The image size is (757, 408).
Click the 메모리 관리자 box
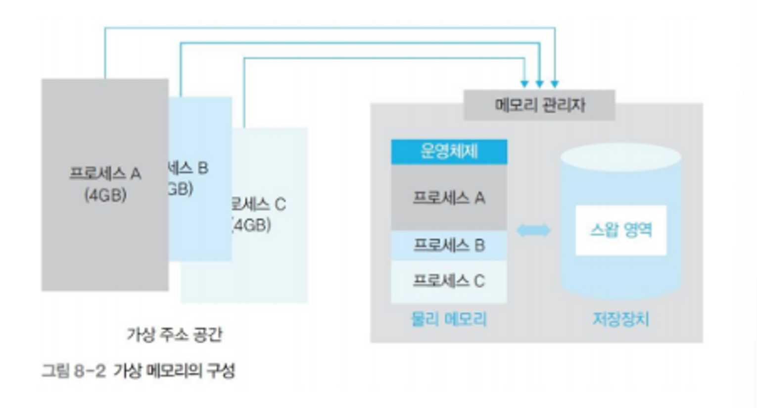tap(539, 105)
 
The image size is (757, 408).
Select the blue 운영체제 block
tap(449, 151)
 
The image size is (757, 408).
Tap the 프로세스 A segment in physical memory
tap(449, 198)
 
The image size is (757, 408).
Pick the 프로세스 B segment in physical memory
tap(449, 245)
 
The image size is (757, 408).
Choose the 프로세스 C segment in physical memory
tap(449, 281)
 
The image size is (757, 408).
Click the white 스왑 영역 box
tap(621, 230)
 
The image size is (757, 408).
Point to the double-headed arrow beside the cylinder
tap(533, 230)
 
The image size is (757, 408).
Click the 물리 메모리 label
tap(449, 319)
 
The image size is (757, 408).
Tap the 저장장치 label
tap(621, 319)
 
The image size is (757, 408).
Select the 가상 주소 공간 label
tap(174, 334)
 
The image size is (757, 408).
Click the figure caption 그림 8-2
tap(73, 370)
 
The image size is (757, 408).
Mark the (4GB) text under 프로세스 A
tap(105, 195)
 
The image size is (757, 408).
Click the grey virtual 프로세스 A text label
tap(105, 173)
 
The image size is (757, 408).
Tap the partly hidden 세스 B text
tap(188, 168)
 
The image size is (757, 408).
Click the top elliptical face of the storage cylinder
tap(621, 156)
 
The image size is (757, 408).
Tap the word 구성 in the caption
tap(221, 370)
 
